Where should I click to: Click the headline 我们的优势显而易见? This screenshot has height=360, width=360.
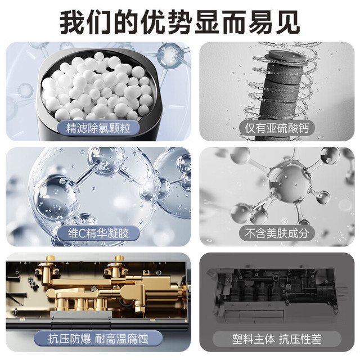click(180, 23)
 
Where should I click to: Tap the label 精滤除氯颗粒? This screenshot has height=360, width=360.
click(98, 128)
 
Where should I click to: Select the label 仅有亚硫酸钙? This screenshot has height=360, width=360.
click(276, 128)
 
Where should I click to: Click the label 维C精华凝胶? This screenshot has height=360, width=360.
click(98, 233)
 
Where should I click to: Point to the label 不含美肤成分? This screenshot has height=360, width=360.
click(276, 233)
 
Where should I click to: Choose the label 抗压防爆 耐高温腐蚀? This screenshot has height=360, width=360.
click(98, 339)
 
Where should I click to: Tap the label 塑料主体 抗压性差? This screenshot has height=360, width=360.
click(277, 339)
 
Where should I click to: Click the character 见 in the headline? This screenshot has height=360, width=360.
click(287, 23)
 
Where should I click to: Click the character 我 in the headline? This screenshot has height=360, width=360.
click(73, 23)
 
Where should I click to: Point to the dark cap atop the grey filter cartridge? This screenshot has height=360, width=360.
click(283, 57)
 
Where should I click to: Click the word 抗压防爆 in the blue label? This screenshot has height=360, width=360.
click(69, 339)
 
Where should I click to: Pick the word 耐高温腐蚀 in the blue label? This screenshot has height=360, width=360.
click(121, 339)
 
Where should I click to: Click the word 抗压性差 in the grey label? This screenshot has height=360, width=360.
click(300, 339)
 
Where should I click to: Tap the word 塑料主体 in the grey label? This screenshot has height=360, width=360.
click(253, 339)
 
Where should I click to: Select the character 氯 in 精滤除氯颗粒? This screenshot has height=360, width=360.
click(103, 128)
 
